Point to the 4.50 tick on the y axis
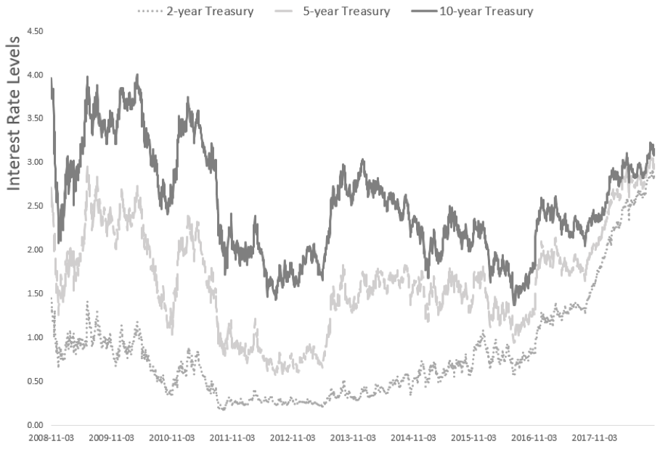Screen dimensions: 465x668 pyautogui.click(x=34, y=31)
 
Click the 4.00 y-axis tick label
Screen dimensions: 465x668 pyautogui.click(x=34, y=75)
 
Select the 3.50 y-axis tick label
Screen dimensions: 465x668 pyautogui.click(x=34, y=118)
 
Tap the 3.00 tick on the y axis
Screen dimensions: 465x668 pyautogui.click(x=34, y=162)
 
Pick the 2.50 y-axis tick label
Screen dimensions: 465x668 pyautogui.click(x=34, y=206)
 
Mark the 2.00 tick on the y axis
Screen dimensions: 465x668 pyautogui.click(x=34, y=250)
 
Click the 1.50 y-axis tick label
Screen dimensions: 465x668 pyautogui.click(x=34, y=294)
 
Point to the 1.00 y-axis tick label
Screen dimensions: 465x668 pyautogui.click(x=34, y=337)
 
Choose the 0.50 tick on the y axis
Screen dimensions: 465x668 pyautogui.click(x=34, y=381)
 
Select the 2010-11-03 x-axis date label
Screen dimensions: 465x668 pyautogui.click(x=171, y=439)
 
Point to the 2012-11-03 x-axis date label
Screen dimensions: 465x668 pyautogui.click(x=293, y=439)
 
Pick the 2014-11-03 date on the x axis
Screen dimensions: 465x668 pyautogui.click(x=413, y=439)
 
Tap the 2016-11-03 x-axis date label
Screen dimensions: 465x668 pyautogui.click(x=534, y=439)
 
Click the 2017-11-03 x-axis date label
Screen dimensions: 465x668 pyautogui.click(x=594, y=439)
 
